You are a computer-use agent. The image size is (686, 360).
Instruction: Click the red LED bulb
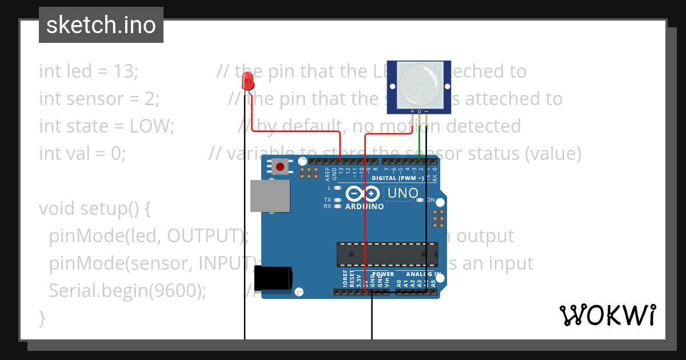[x=248, y=81]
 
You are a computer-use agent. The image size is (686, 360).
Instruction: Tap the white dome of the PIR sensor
[x=419, y=82]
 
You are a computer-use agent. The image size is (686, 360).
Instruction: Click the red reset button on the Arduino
[x=280, y=167]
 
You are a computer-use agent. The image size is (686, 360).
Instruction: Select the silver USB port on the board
[x=270, y=195]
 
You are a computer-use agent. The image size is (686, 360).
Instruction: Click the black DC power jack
[x=274, y=278]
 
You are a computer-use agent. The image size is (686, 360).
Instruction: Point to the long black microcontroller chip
[x=387, y=254]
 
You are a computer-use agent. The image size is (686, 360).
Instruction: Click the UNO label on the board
[x=402, y=193]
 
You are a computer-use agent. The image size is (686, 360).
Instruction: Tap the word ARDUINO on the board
[x=365, y=206]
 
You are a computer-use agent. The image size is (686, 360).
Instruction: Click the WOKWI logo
[x=607, y=315]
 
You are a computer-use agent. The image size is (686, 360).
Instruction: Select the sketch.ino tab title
[x=101, y=25]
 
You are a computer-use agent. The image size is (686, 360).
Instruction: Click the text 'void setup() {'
[x=95, y=209]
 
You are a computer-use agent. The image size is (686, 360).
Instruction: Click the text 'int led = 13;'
[x=89, y=71]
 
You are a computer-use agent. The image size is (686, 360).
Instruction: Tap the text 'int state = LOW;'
[x=106, y=126]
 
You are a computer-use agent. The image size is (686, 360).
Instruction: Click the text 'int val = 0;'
[x=82, y=154]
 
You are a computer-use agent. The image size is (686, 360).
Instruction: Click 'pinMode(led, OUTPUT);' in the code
[x=149, y=236]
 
